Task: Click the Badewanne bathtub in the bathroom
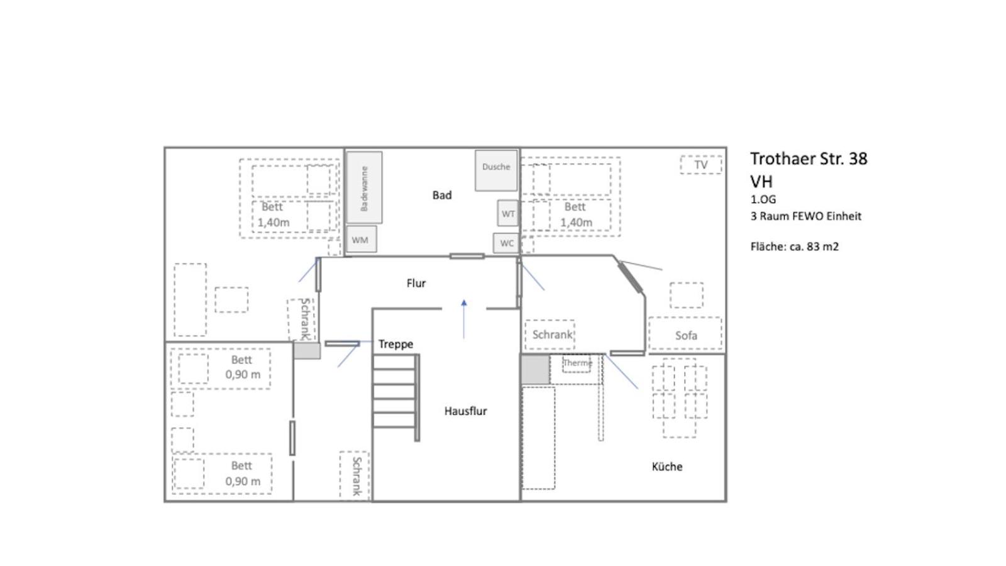point(364,187)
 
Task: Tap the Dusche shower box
point(496,170)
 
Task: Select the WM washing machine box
point(362,240)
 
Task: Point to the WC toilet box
point(506,243)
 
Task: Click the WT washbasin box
point(507,213)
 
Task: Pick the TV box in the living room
point(701,165)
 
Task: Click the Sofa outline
point(685,333)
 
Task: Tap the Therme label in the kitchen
point(578,362)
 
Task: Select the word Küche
point(667,467)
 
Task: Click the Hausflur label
point(466,411)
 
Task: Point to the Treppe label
point(395,344)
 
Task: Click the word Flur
point(416,283)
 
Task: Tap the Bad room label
point(442,195)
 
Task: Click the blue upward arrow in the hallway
point(464,319)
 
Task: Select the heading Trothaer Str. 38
point(809,158)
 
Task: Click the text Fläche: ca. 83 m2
point(795,247)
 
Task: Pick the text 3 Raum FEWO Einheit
point(805,216)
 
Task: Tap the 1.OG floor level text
point(763,199)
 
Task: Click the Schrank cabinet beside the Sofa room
point(550,335)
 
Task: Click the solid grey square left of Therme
point(535,369)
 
